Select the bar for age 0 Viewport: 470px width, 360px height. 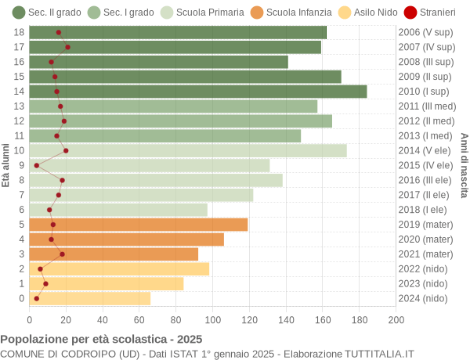click(90, 298)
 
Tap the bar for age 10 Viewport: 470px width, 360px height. click(188, 150)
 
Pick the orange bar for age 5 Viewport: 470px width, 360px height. click(139, 225)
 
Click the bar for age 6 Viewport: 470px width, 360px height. click(118, 210)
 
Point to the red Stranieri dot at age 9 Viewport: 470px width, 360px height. click(37, 165)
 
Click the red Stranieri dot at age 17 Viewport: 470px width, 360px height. click(67, 47)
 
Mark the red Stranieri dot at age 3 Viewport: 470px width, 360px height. click(62, 254)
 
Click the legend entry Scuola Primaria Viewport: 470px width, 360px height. click(201, 13)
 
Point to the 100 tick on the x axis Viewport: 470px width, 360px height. click(213, 319)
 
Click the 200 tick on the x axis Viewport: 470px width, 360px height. click(396, 319)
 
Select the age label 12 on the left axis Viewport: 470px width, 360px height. click(20, 121)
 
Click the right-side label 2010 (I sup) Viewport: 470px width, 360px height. click(424, 92)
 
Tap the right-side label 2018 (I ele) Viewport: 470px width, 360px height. click(424, 210)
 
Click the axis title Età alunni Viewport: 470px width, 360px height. click(6, 165)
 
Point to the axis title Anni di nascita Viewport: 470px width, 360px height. click(464, 165)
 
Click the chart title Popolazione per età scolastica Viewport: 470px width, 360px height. click(101, 340)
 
